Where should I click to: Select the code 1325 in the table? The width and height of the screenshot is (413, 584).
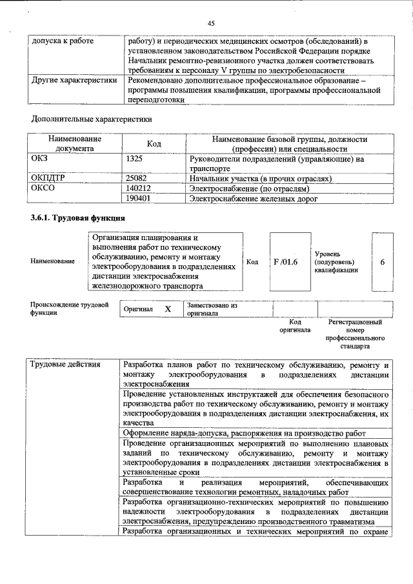pos(136,158)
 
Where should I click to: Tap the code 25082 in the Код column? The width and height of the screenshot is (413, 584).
pos(138,178)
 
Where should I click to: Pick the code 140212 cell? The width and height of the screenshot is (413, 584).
pos(140,188)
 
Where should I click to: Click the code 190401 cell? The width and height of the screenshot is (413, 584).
pos(140,199)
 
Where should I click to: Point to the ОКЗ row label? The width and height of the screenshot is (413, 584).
pos(41,158)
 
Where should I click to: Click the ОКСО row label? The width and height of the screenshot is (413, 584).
pos(43,188)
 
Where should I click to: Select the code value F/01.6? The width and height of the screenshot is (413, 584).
pos(285,262)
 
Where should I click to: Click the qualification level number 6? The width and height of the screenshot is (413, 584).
pos(383,262)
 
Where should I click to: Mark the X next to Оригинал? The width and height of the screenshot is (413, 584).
pos(168,309)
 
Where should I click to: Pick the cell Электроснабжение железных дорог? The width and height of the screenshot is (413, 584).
pos(253,199)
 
